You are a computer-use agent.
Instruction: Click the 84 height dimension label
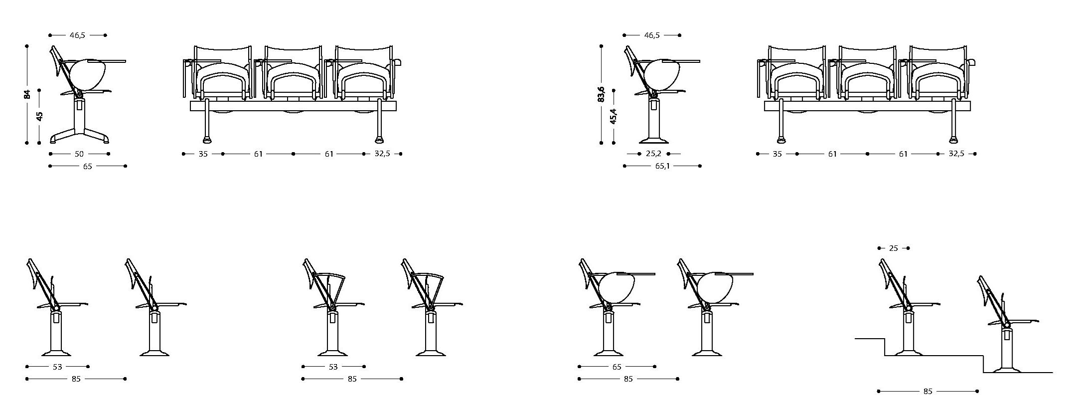pyautogui.click(x=27, y=94)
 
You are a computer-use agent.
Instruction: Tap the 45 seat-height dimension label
pyautogui.click(x=40, y=116)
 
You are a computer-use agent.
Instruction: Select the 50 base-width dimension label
pyautogui.click(x=79, y=154)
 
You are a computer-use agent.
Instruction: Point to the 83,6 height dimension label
pyautogui.click(x=602, y=94)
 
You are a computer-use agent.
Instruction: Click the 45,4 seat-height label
pyautogui.click(x=613, y=116)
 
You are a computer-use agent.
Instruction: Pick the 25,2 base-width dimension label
pyautogui.click(x=653, y=154)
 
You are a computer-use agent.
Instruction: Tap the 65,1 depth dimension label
pyautogui.click(x=662, y=166)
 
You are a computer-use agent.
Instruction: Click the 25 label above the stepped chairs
pyautogui.click(x=893, y=248)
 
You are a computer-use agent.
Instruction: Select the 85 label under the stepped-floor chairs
pyautogui.click(x=927, y=392)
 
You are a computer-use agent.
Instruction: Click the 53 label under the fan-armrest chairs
pyautogui.click(x=333, y=367)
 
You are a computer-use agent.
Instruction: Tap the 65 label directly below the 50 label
pyautogui.click(x=88, y=166)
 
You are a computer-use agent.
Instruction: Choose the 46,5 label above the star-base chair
pyautogui.click(x=78, y=35)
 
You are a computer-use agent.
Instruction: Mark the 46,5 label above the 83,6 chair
pyautogui.click(x=652, y=35)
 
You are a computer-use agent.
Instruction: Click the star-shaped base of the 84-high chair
pyautogui.click(x=79, y=137)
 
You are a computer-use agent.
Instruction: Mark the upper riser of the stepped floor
pyautogui.click(x=885, y=347)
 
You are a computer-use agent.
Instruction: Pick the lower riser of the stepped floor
pyautogui.click(x=983, y=364)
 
